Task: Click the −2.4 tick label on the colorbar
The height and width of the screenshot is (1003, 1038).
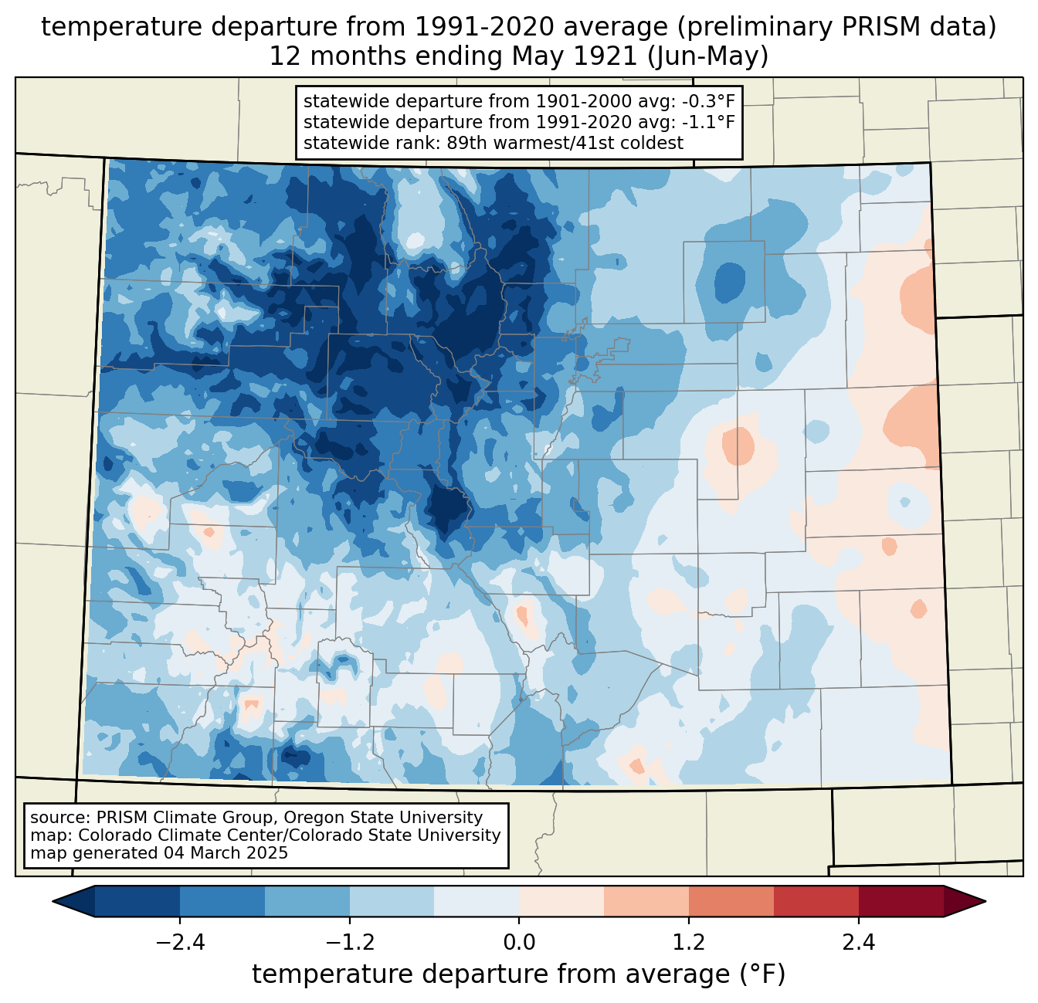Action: [x=180, y=943]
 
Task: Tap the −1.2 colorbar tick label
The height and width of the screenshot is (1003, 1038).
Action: [x=350, y=943]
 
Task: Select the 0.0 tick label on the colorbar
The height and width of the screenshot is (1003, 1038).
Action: [x=519, y=943]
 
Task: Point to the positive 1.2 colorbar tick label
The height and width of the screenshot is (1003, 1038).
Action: [x=689, y=943]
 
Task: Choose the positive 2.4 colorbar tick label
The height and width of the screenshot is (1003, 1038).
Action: [x=858, y=943]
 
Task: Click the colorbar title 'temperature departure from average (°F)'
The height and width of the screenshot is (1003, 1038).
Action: [x=519, y=974]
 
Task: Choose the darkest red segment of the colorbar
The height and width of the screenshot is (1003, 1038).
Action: [x=901, y=901]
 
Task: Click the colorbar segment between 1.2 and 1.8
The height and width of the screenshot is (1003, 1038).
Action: [x=731, y=901]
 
